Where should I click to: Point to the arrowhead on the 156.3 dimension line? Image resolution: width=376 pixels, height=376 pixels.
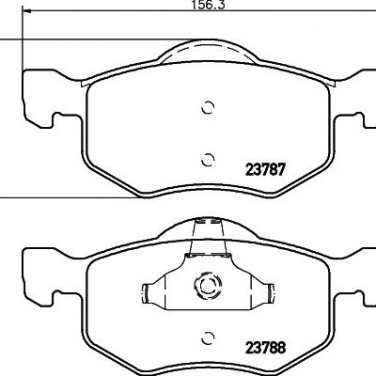[27, 11]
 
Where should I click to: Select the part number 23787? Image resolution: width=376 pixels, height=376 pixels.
[266, 170]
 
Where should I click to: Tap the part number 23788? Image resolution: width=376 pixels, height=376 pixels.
[266, 348]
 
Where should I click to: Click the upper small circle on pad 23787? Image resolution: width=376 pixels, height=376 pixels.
[208, 108]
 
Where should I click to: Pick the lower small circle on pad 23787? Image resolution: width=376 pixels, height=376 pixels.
[208, 160]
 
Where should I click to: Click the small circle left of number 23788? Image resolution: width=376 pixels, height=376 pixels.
[208, 337]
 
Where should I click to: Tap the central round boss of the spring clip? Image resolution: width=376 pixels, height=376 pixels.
[208, 285]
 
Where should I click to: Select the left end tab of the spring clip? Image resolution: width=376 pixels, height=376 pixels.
[147, 293]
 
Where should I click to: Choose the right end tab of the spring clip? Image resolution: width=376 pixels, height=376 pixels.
[270, 293]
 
